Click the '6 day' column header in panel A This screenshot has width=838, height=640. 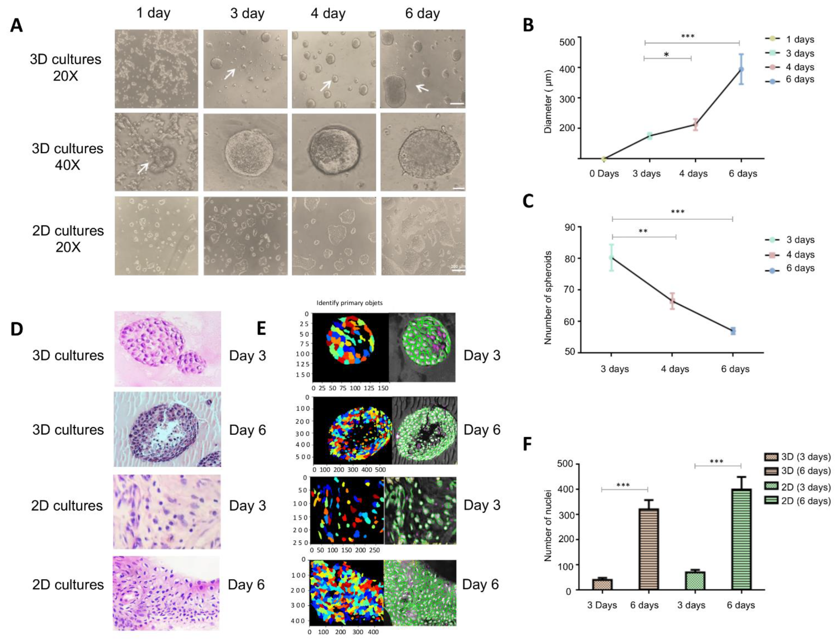coord(422,14)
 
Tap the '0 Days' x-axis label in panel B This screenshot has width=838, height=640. coord(604,174)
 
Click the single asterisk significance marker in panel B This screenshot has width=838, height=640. coord(666,55)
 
